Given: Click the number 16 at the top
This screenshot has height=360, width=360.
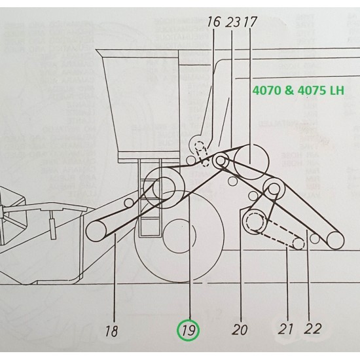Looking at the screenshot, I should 213,22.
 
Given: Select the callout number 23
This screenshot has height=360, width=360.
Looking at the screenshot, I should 232,22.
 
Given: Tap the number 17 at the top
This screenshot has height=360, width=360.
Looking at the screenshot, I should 249,22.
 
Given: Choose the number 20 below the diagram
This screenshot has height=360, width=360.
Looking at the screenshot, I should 242,329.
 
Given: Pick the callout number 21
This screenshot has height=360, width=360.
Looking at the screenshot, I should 286,329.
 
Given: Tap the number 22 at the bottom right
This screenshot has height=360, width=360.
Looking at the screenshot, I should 313,329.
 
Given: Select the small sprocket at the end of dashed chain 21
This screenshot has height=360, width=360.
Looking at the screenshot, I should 298,243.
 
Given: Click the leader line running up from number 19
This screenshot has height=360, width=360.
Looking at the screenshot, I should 189,262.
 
